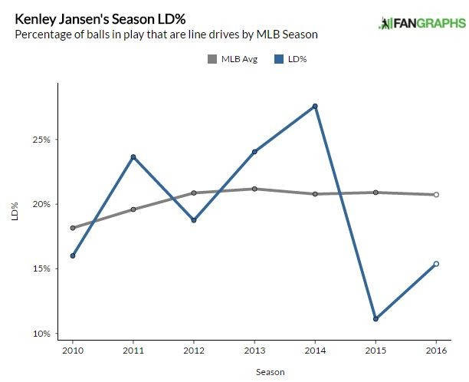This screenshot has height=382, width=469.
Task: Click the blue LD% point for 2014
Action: [315, 106]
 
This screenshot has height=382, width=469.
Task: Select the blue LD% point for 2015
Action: [376, 318]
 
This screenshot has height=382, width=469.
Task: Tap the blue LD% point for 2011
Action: [133, 157]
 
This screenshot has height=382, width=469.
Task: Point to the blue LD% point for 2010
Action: [73, 255]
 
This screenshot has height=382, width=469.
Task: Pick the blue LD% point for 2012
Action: [194, 220]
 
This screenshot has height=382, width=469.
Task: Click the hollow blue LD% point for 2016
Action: [436, 264]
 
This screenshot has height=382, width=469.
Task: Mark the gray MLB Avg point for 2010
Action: [73, 228]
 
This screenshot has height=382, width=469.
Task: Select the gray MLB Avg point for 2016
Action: [436, 195]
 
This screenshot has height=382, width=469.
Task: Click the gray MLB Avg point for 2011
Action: [133, 209]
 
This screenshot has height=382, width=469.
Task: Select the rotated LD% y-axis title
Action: [14, 212]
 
